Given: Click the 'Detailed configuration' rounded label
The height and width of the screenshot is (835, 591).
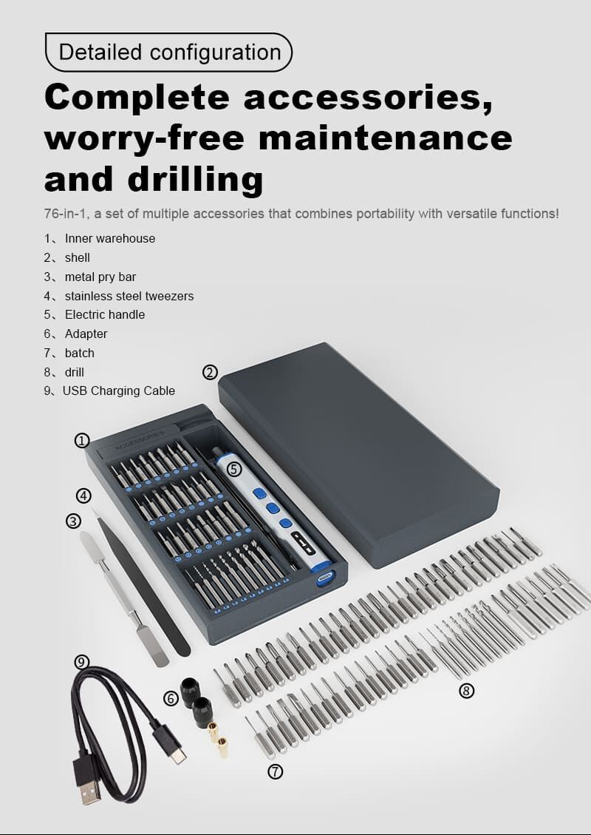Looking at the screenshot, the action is [168, 53].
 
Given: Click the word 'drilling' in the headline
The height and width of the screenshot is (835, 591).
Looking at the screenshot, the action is [195, 179].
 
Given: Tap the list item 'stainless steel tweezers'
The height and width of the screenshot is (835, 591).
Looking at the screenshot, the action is [129, 296].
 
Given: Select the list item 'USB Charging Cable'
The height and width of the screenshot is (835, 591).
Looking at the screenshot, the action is [119, 391].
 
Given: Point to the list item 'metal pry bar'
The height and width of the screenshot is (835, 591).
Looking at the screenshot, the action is [100, 277].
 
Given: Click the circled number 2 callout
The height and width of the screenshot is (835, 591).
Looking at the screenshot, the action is [210, 373].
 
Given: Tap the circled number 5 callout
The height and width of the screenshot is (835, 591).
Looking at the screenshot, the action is [234, 469].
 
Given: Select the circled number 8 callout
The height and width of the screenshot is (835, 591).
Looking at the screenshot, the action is [466, 691].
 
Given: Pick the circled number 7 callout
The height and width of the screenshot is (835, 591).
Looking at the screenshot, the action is [275, 771].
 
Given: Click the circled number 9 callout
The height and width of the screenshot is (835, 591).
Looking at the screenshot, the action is [81, 662].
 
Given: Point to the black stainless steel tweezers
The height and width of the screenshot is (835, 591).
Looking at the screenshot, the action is [143, 581].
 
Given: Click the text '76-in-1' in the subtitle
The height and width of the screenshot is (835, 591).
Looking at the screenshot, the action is [66, 214].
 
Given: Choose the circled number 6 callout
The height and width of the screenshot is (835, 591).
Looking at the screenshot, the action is [170, 698].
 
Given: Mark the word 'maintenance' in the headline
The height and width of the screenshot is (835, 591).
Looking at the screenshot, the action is [386, 138].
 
